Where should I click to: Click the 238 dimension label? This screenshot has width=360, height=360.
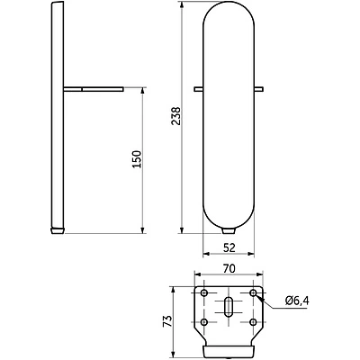click(x=175, y=116)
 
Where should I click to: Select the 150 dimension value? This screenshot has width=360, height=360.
click(x=137, y=159)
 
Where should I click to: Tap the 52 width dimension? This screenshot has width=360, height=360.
click(x=229, y=247)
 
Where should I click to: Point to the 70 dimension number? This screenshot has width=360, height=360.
click(x=229, y=268)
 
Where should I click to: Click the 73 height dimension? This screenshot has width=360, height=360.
click(x=167, y=321)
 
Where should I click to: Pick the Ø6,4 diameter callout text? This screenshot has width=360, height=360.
click(x=297, y=300)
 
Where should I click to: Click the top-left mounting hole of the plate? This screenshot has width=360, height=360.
click(x=204, y=292)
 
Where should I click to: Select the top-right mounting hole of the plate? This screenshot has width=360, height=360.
click(x=254, y=292)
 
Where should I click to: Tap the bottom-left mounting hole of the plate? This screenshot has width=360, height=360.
click(x=204, y=322)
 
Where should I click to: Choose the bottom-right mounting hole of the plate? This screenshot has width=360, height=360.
click(x=254, y=322)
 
